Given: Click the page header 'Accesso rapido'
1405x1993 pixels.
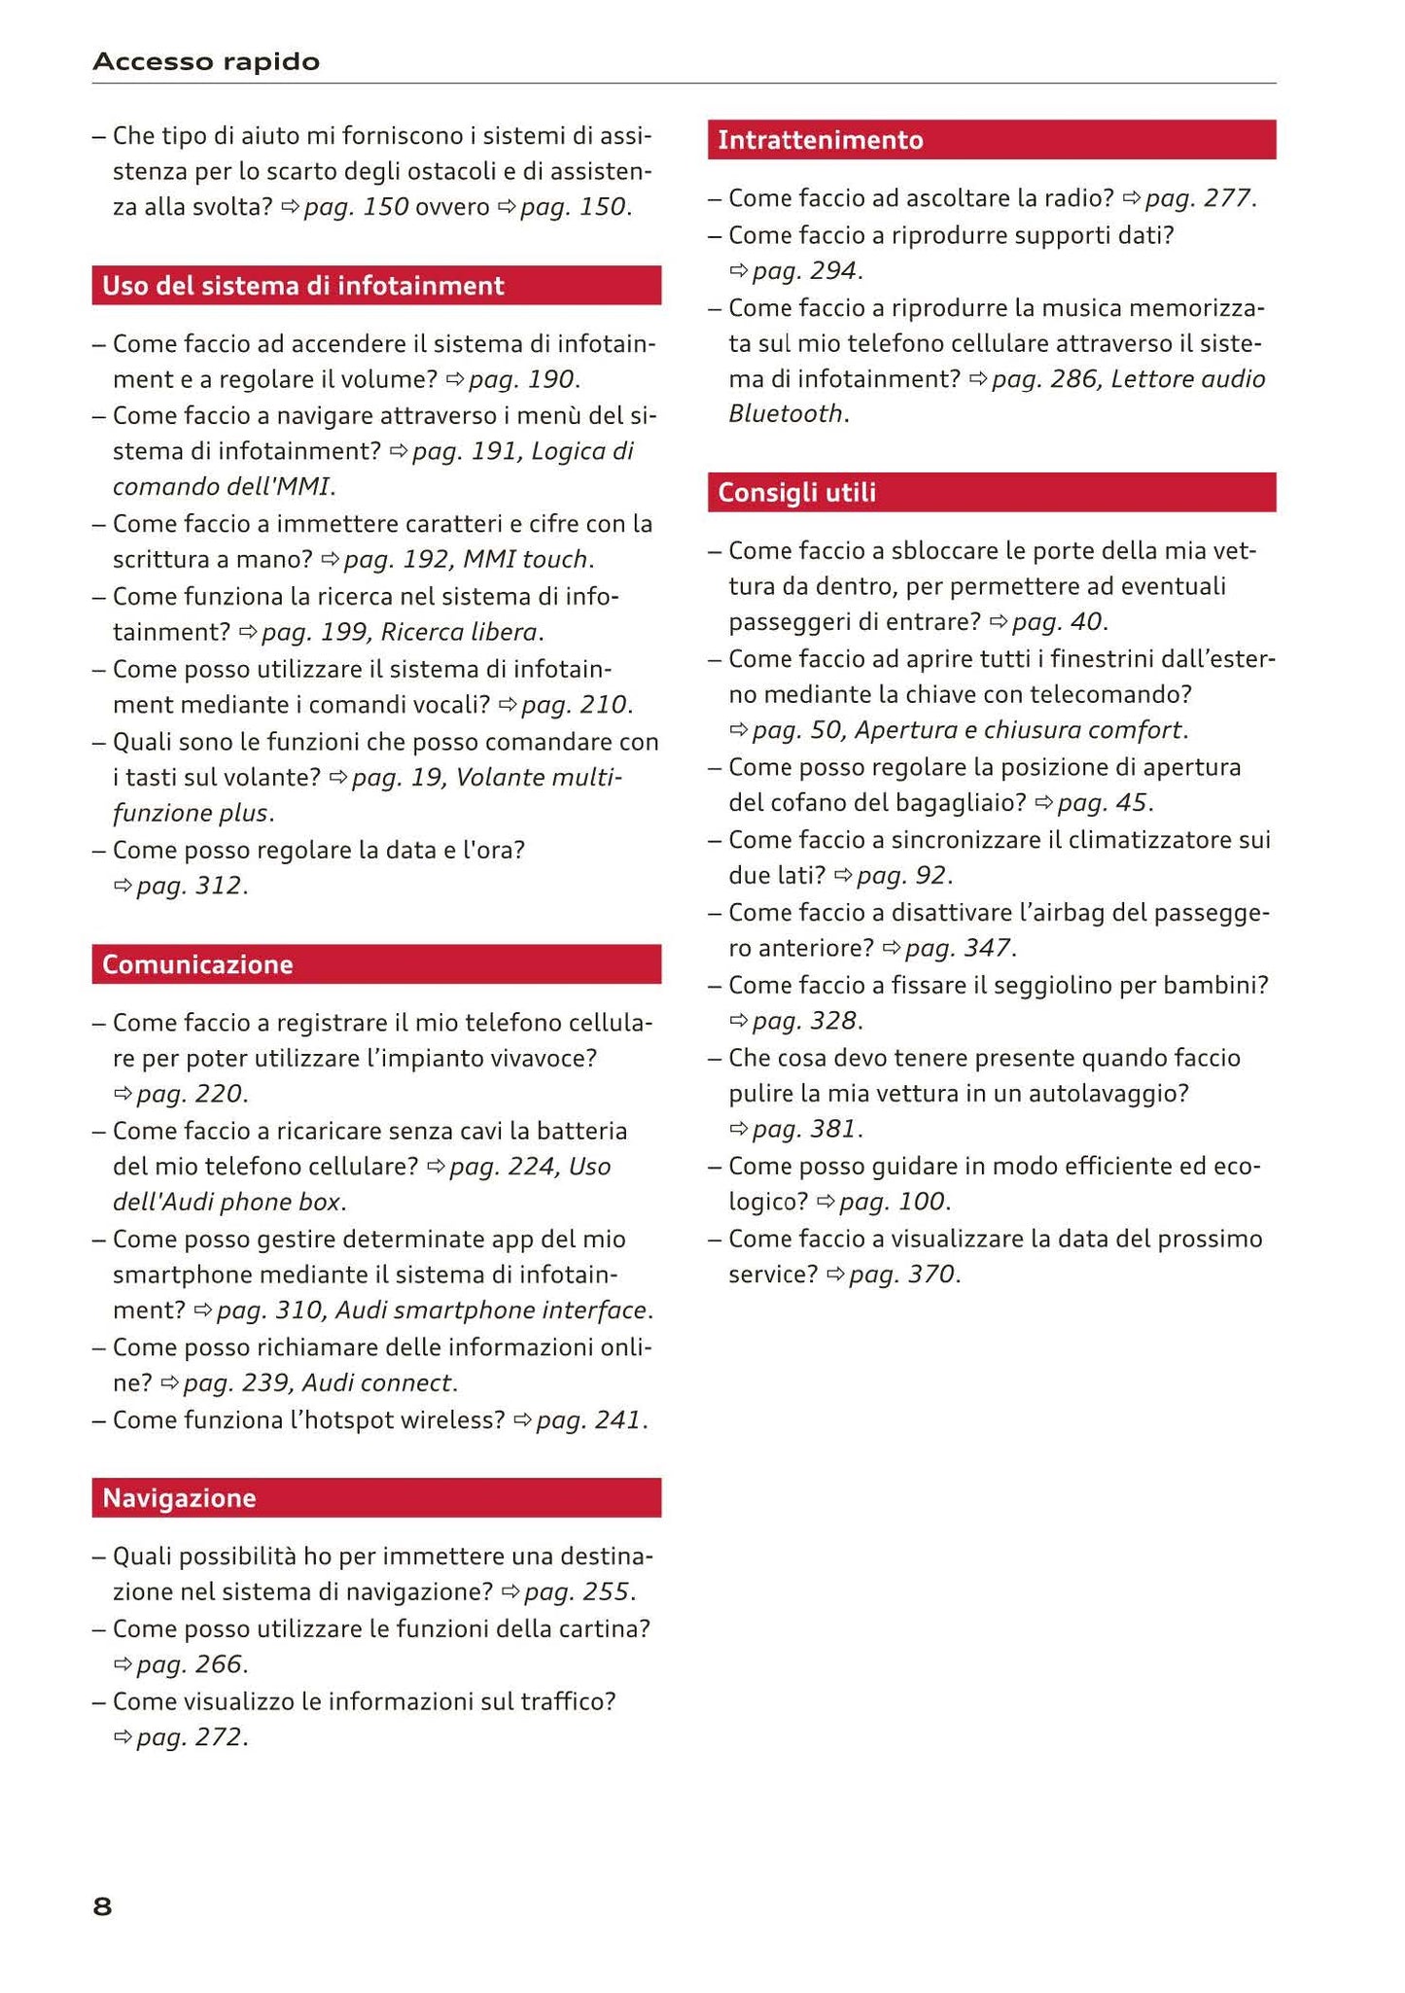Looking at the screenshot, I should (206, 62).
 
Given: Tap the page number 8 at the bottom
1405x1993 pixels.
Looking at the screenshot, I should (102, 1907).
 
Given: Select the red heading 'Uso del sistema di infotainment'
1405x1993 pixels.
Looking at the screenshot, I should (302, 286).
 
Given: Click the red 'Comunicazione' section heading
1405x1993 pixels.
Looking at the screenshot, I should (197, 964).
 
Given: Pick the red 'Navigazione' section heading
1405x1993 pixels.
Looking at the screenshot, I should (179, 1498).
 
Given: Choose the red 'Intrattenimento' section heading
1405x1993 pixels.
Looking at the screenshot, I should (821, 140).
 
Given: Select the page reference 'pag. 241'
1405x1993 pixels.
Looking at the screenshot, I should (588, 1420).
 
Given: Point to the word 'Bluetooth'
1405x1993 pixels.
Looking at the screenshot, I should (786, 414).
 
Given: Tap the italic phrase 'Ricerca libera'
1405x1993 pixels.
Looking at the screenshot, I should (459, 633).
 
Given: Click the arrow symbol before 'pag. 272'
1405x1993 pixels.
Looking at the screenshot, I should (123, 1737).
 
